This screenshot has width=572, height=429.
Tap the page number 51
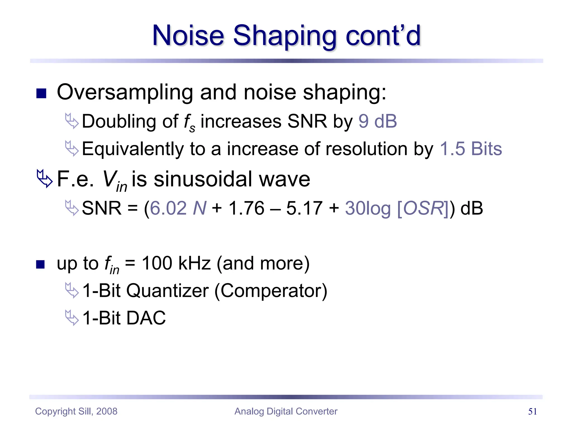point(532,411)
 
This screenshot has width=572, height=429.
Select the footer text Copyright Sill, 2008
point(76,411)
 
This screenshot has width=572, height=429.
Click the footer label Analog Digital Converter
point(286,411)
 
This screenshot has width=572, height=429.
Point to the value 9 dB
point(377,121)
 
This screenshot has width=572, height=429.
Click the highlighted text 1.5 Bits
point(471,149)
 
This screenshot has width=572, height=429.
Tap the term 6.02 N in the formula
point(178,208)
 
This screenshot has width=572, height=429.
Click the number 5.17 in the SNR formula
point(304,208)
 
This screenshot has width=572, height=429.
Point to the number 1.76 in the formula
point(246,208)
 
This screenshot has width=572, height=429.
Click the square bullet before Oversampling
point(41,94)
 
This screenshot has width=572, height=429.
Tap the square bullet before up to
point(40,264)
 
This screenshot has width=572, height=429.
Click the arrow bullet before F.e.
point(44,179)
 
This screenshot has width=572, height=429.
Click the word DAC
point(146,318)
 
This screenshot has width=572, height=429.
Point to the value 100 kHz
point(176,263)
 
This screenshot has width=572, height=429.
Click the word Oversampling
point(125,92)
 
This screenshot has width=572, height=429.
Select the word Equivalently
point(133,149)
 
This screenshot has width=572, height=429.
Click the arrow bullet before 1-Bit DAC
point(72,318)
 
